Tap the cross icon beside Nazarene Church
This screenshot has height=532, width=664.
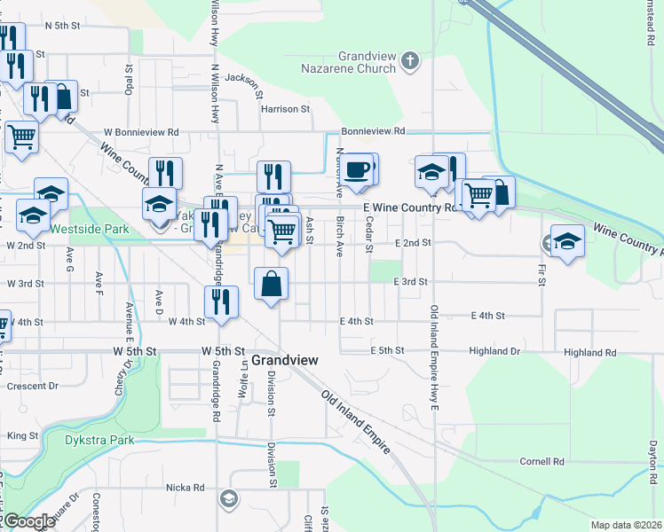click(408, 60)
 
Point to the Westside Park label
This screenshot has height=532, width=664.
click(89, 229)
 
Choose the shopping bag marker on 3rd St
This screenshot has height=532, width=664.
click(272, 285)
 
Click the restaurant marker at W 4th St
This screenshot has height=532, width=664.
click(220, 301)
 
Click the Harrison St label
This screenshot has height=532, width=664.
click(285, 109)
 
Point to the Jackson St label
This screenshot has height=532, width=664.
click(245, 82)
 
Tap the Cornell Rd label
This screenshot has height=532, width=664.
click(542, 462)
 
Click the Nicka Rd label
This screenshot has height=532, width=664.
click(186, 488)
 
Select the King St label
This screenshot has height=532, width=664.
click(23, 435)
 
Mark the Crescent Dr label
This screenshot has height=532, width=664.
click(32, 386)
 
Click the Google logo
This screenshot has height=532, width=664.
click(28, 521)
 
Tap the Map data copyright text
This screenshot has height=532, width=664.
click(625, 525)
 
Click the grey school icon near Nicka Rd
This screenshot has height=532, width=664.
click(229, 499)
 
